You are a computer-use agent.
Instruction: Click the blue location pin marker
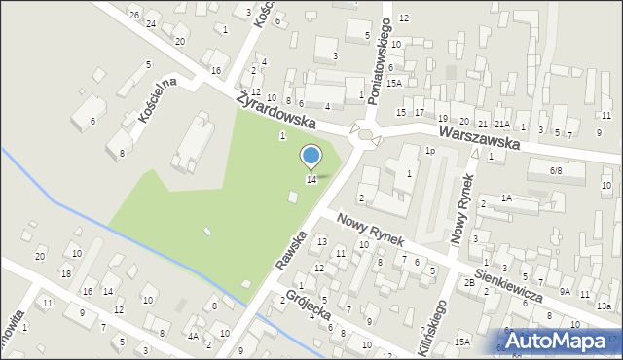click(x=311, y=157)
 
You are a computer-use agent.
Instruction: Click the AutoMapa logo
click(x=565, y=340)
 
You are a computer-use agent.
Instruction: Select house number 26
click(x=134, y=16)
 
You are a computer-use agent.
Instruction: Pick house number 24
click(x=151, y=23)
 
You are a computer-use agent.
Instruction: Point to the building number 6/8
click(x=556, y=170)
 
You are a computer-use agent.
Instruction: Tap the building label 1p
click(x=428, y=151)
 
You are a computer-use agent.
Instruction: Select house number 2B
click(x=469, y=282)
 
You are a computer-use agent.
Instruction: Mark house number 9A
click(x=565, y=291)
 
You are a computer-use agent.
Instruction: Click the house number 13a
click(x=604, y=306)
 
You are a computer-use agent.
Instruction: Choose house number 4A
click(x=194, y=337)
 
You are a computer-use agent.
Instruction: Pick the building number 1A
click(x=506, y=198)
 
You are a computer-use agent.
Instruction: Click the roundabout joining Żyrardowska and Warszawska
click(x=367, y=136)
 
